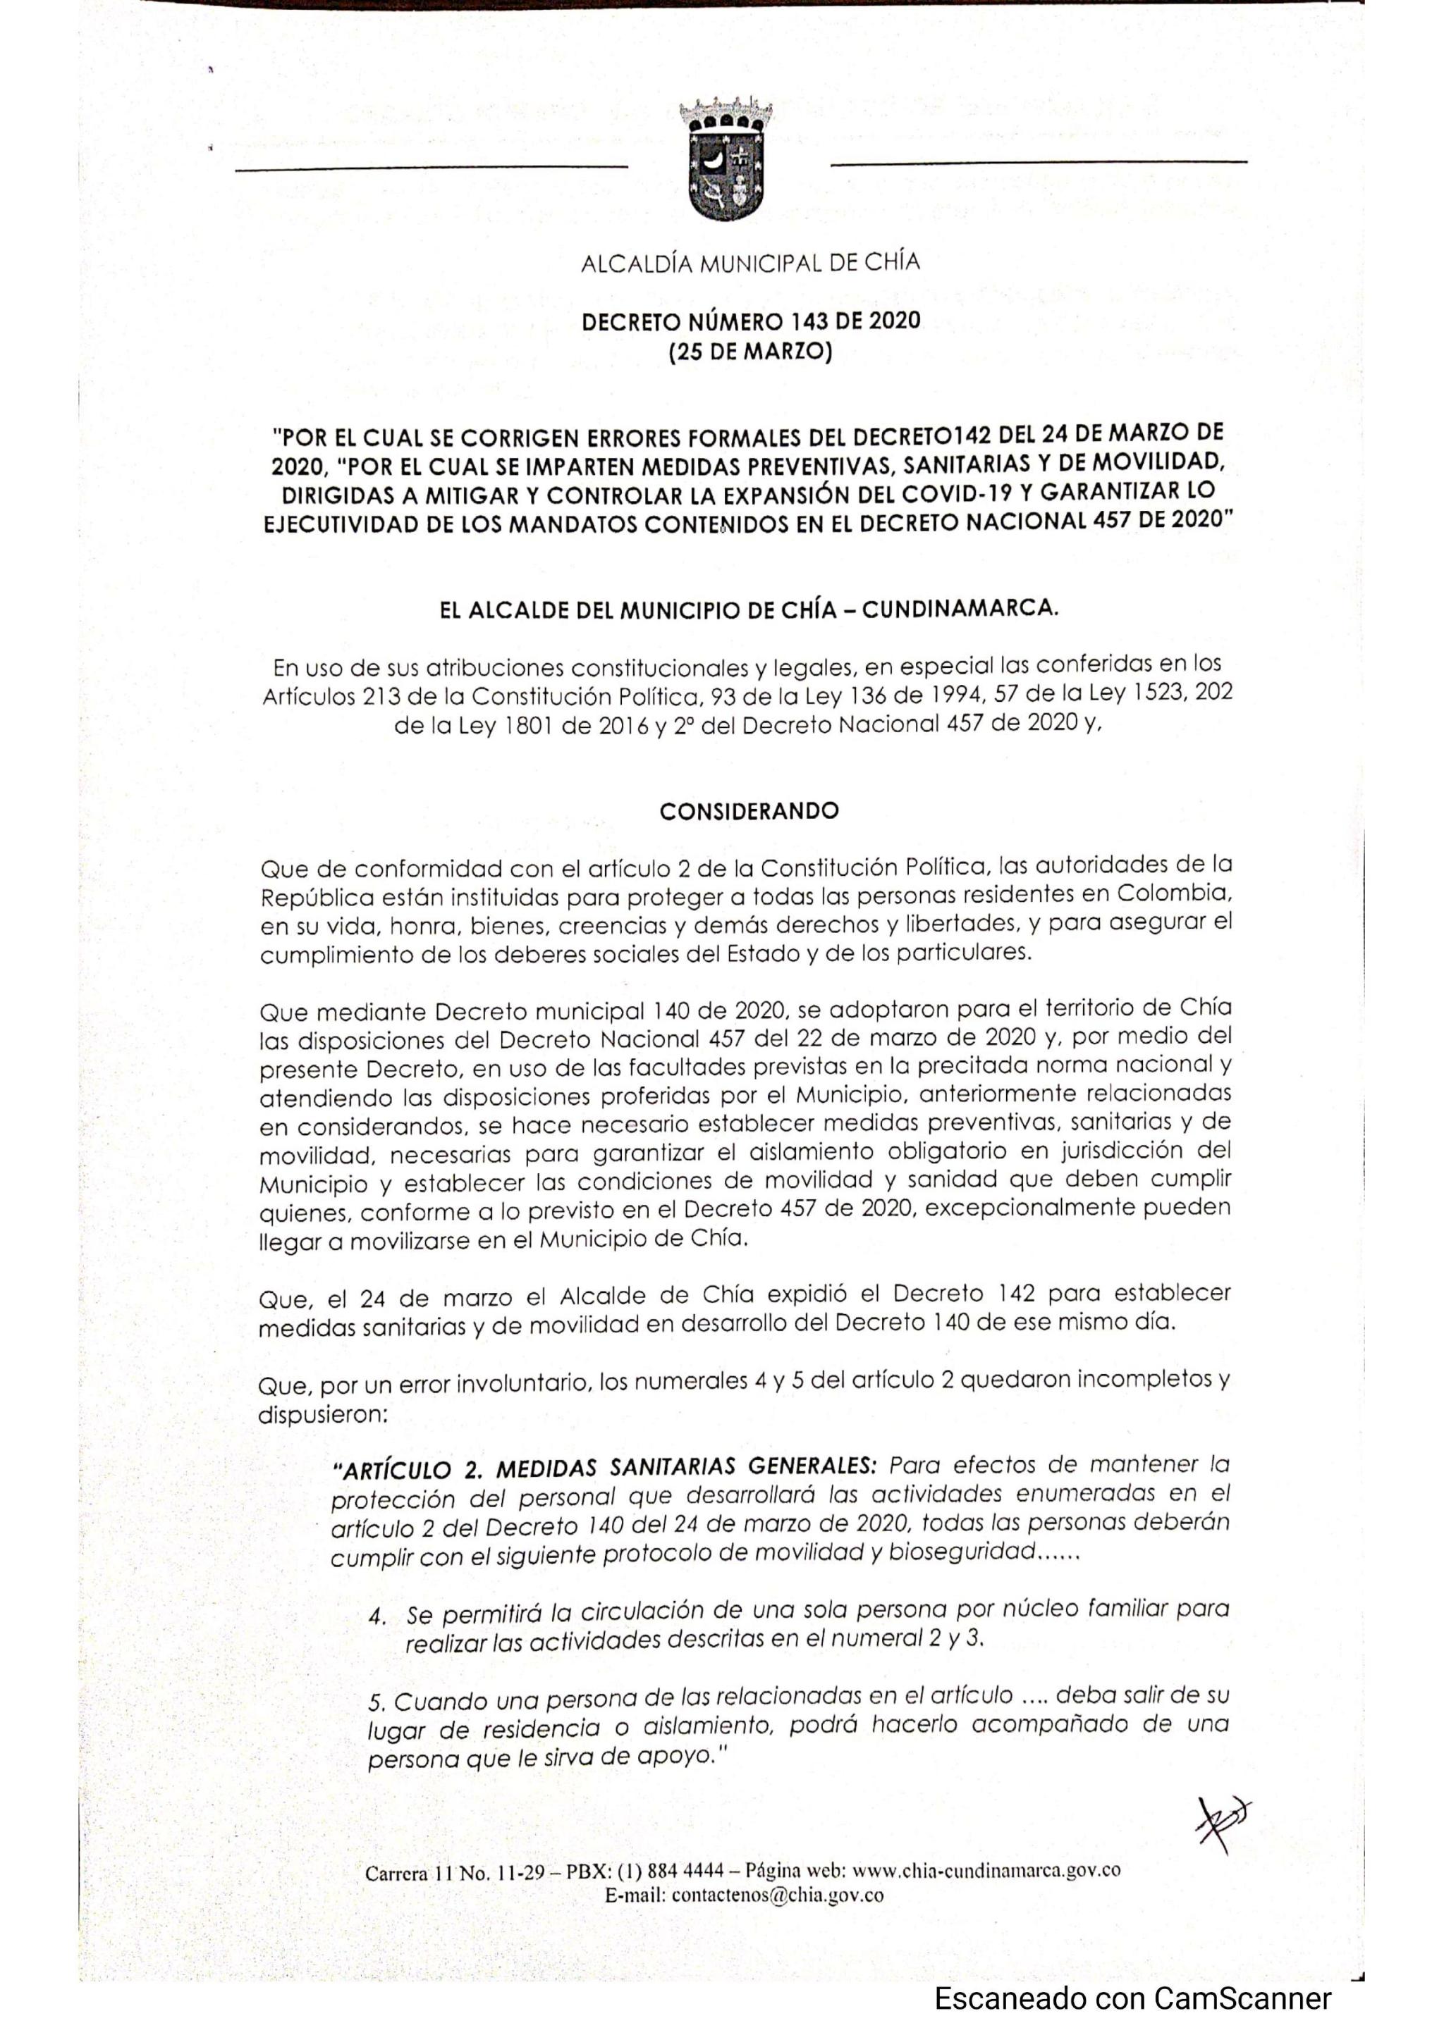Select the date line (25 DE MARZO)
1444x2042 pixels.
click(750, 353)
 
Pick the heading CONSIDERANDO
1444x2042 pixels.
click(749, 811)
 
